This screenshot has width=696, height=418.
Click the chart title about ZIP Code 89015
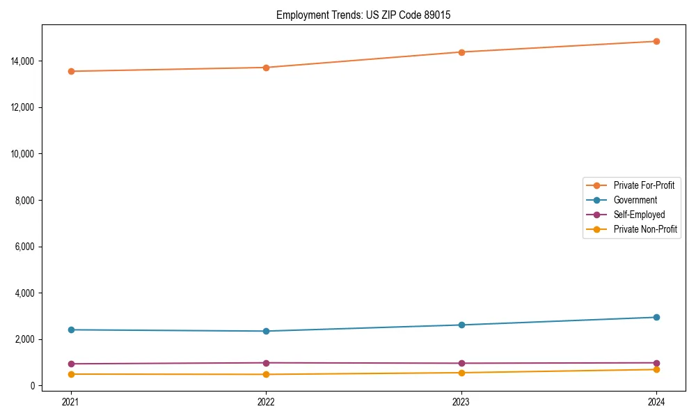click(x=363, y=15)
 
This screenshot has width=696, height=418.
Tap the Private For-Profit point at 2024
click(x=656, y=41)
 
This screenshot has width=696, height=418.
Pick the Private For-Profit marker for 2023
click(x=461, y=52)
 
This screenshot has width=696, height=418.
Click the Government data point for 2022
click(x=266, y=331)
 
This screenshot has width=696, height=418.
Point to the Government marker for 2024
click(x=656, y=317)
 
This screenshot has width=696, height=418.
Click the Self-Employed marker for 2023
click(x=461, y=363)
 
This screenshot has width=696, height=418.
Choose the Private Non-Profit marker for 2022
click(x=266, y=374)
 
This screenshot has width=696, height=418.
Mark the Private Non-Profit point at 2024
click(x=656, y=369)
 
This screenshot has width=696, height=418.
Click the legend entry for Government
click(x=635, y=200)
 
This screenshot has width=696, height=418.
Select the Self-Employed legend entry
click(x=639, y=215)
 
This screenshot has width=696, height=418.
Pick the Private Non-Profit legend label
click(x=645, y=229)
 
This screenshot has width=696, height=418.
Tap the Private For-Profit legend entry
click(x=644, y=185)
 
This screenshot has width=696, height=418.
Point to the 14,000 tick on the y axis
click(x=24, y=61)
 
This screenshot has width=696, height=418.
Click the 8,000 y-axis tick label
click(x=26, y=201)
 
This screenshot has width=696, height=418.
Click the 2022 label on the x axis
click(x=266, y=401)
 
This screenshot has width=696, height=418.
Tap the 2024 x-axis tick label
click(x=656, y=401)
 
